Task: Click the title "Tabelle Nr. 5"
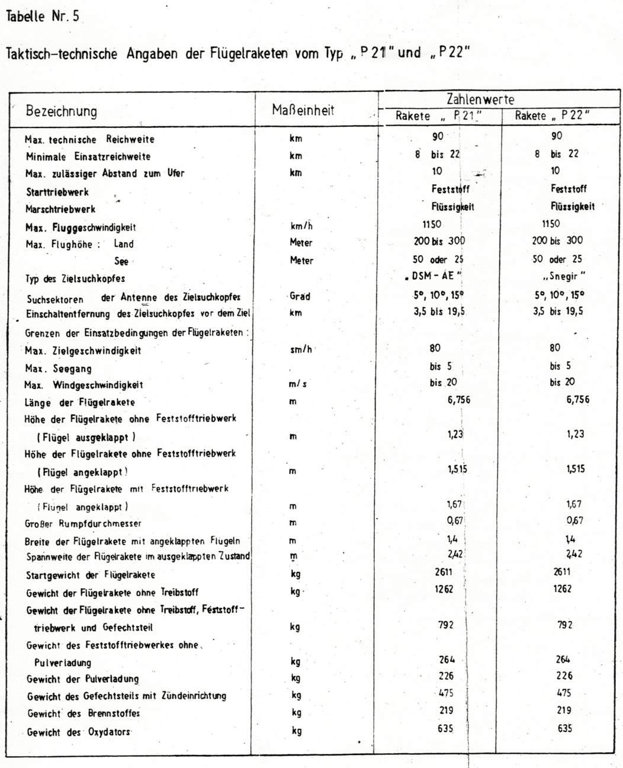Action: click(41, 17)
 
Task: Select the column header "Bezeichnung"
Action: click(61, 111)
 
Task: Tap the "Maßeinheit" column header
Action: click(303, 110)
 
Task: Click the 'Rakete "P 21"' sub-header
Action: click(438, 116)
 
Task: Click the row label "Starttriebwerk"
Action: click(57, 192)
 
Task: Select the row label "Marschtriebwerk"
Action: click(60, 209)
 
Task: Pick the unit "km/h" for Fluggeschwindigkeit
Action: click(301, 226)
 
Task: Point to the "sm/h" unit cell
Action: click(300, 350)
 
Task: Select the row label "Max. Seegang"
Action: click(58, 369)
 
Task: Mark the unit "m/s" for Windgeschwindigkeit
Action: click(298, 385)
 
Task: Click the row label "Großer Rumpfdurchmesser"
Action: click(83, 524)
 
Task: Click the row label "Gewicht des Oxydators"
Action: click(78, 732)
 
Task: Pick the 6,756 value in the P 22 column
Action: click(577, 399)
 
